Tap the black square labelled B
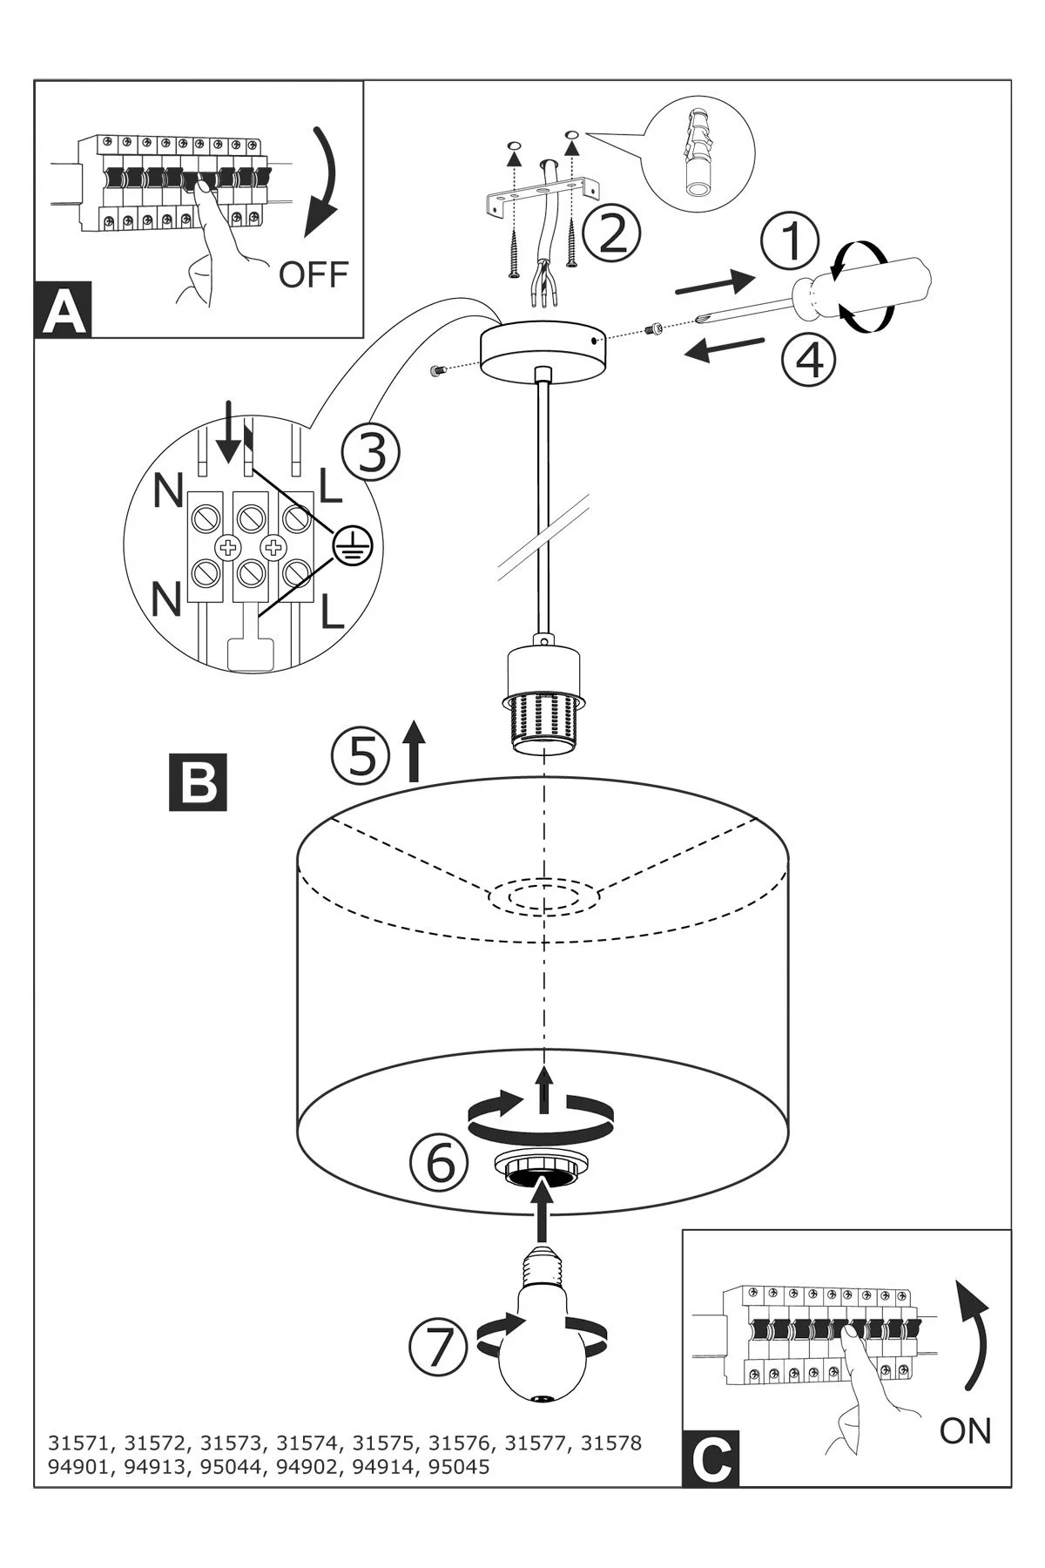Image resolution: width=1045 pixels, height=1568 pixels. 199,781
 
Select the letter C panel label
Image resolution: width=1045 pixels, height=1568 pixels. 711,1457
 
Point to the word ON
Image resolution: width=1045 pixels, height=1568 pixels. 966,1430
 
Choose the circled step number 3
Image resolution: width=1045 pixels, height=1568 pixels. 371,453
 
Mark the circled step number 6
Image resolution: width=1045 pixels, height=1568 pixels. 440,1161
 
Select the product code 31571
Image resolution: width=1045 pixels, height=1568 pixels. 80,1443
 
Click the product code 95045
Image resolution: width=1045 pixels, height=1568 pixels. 458,1467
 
